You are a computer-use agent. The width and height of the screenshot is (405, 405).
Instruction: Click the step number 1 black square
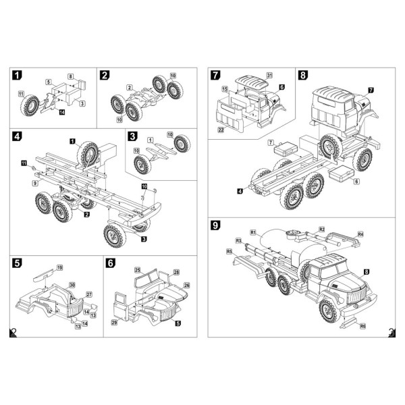(x=17, y=75)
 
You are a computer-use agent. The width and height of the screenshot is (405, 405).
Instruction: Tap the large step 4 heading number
(x=17, y=137)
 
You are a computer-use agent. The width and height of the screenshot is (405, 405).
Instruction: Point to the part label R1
(x=252, y=232)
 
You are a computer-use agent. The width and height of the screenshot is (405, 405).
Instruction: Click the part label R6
(x=363, y=326)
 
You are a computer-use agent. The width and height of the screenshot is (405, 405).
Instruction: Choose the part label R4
(x=360, y=234)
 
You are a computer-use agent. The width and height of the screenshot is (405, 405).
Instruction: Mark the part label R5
(x=230, y=251)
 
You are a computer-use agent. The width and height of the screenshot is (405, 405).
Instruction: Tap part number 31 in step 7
(x=269, y=74)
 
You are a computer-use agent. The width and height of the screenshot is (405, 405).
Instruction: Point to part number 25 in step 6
(x=137, y=270)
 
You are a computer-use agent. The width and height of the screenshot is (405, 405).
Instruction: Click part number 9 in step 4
(x=34, y=183)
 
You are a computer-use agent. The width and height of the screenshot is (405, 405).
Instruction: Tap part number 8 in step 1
(x=70, y=76)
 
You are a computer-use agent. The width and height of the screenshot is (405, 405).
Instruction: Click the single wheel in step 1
(x=32, y=105)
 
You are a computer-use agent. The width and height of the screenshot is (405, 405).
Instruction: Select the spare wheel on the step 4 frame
(x=88, y=153)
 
